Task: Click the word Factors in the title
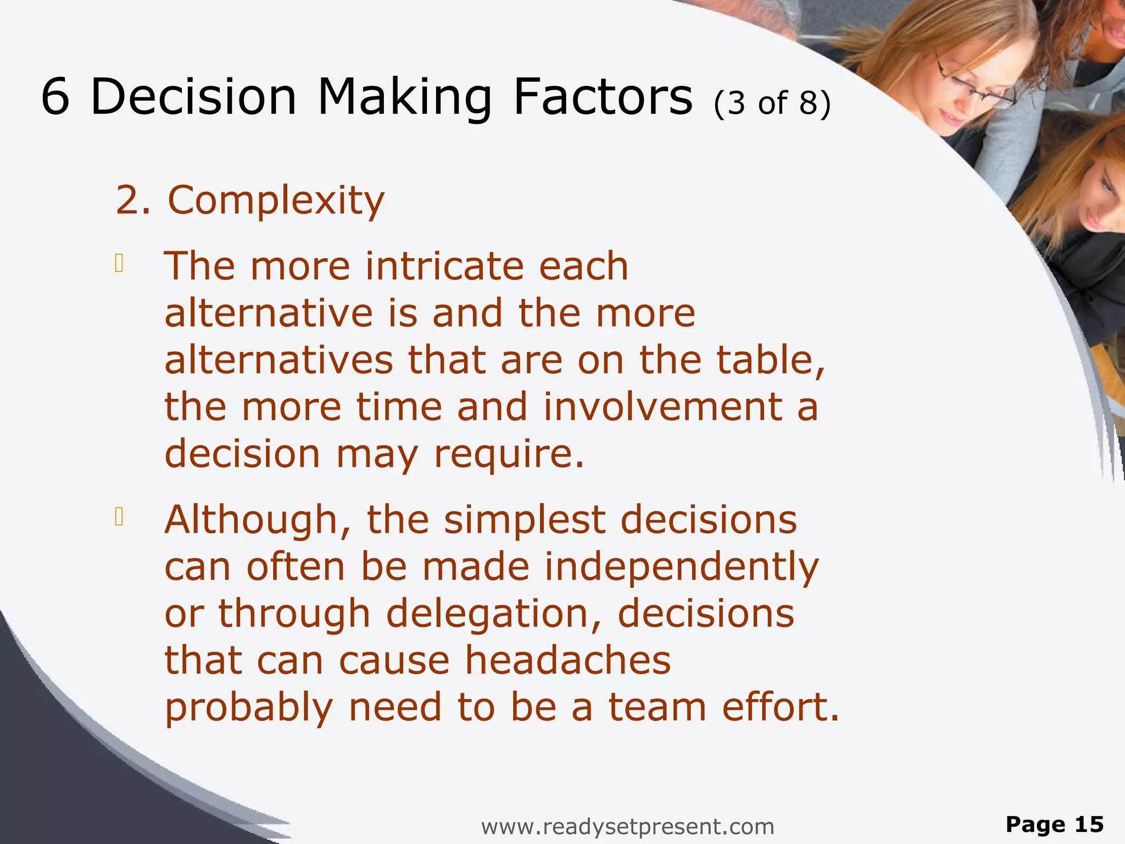tap(603, 97)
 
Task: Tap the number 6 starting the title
tap(55, 97)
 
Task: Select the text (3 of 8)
tap(772, 103)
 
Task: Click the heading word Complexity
tap(276, 201)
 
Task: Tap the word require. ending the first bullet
tap(509, 455)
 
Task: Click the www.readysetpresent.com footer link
tap(627, 826)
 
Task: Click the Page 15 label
tap(1054, 824)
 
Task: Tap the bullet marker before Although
tap(119, 517)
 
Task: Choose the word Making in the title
tap(404, 97)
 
